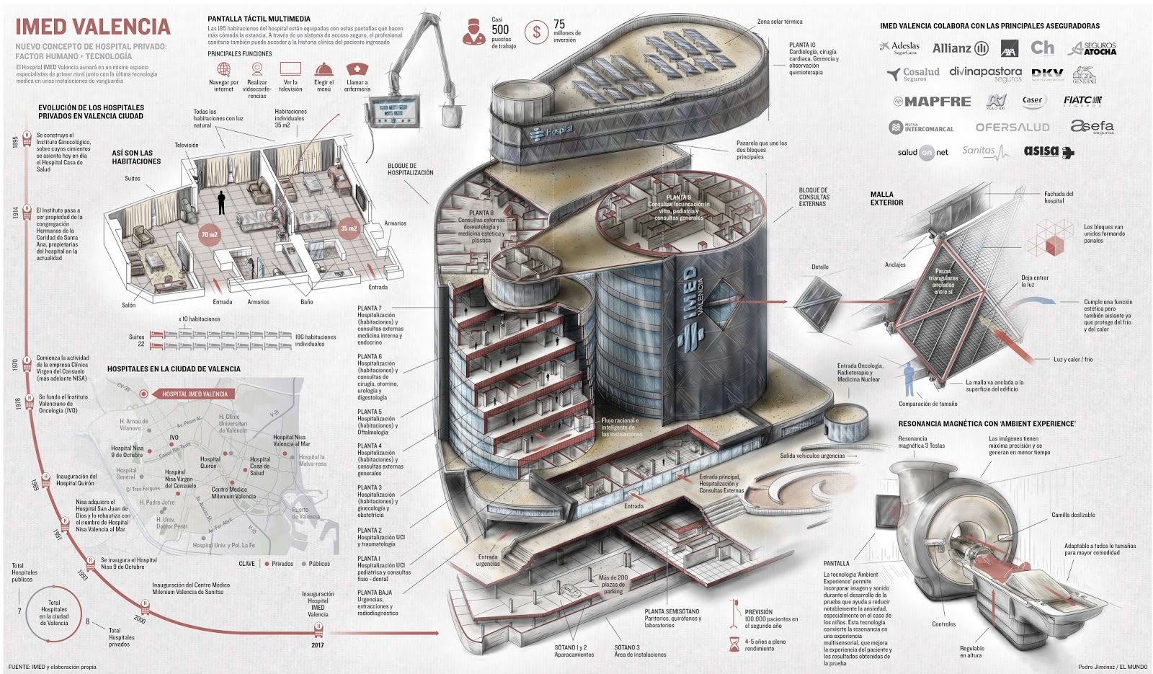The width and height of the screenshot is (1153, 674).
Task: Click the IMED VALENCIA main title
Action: coord(93,27)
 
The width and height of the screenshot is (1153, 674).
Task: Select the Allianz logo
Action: coord(960,48)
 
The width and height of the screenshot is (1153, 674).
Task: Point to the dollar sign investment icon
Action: coord(536,32)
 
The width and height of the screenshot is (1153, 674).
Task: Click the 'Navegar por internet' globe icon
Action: coord(224,69)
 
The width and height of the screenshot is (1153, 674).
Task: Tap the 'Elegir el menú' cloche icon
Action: coord(324,69)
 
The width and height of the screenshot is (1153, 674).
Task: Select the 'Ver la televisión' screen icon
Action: coord(290,69)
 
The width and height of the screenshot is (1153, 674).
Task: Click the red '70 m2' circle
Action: coord(209,235)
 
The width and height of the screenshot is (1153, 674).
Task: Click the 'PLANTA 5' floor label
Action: coord(370,412)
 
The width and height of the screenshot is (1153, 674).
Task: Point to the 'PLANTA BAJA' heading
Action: coord(375,593)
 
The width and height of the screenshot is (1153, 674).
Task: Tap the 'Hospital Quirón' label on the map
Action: coord(210,462)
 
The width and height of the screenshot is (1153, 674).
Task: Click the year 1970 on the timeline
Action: coord(15,364)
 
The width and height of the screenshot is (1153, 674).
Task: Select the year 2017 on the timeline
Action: coord(318,645)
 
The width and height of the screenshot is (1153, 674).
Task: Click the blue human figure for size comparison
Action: coord(909,379)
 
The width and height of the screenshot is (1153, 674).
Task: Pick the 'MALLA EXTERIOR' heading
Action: coord(886,198)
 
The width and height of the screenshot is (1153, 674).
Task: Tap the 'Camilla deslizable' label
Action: coord(1072,515)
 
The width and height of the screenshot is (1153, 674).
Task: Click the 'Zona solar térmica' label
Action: coord(779,22)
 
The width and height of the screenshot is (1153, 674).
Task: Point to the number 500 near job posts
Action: coord(500,30)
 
